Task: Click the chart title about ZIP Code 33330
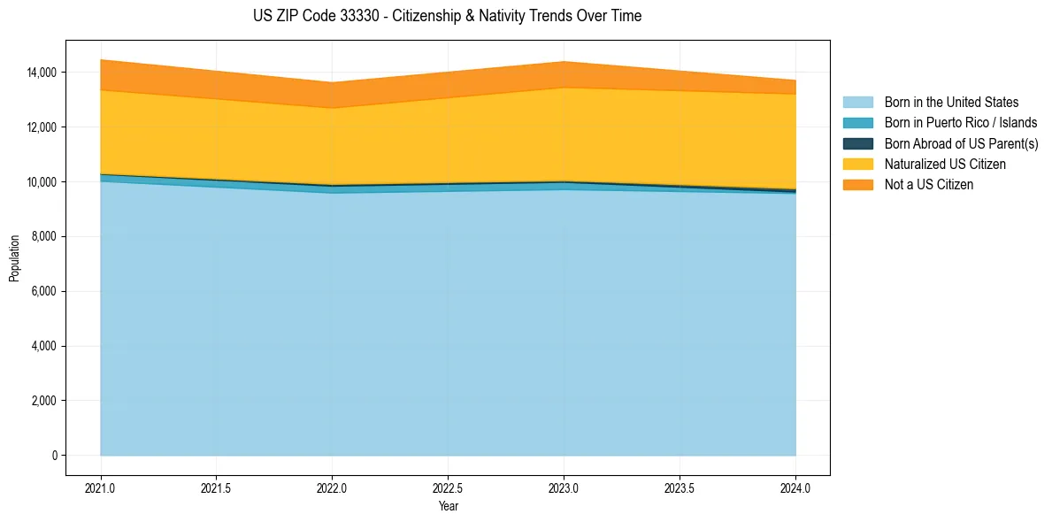point(447,16)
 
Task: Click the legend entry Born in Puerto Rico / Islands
point(961,123)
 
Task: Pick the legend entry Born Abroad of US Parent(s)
point(961,143)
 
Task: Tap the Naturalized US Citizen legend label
point(945,165)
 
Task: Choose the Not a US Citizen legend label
point(929,185)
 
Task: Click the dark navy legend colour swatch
point(857,143)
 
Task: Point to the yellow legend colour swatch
point(857,165)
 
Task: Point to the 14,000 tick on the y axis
point(41,72)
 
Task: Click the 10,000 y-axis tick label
point(41,181)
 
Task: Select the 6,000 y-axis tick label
point(43,291)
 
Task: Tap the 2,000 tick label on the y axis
point(43,401)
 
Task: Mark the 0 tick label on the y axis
point(54,456)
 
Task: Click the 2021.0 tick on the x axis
point(101,487)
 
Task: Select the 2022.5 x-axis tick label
point(448,487)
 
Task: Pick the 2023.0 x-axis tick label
point(564,487)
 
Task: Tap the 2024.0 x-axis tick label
point(795,487)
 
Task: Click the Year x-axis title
point(448,506)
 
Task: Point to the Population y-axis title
point(14,258)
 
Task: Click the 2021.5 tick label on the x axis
point(217,487)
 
